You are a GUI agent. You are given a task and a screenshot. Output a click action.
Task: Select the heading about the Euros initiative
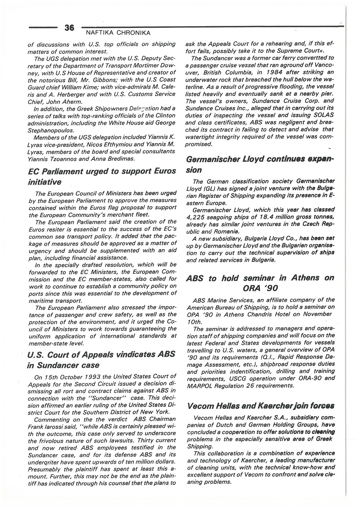tap(102, 176)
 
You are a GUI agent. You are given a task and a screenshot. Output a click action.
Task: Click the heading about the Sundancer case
tap(101, 359)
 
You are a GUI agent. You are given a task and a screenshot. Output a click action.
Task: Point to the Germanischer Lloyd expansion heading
tap(260, 164)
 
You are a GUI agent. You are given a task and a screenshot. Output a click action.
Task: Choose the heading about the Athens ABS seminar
tap(260, 283)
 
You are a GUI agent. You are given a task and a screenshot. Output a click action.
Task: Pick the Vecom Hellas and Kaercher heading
tap(260, 406)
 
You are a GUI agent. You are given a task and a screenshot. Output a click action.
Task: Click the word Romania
tap(226, 231)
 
